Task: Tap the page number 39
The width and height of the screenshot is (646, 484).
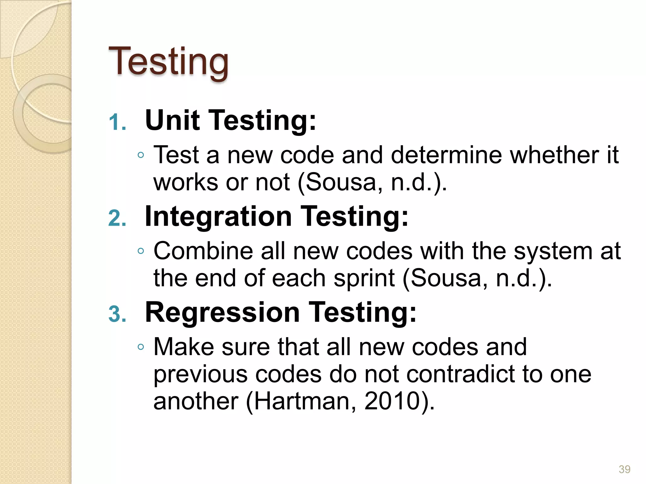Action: pos(624,469)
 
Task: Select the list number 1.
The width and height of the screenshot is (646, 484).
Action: pos(117,122)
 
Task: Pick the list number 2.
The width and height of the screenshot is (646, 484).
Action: pos(117,218)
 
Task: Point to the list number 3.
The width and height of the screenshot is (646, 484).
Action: pos(117,314)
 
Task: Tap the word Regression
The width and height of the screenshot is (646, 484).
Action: pos(222,313)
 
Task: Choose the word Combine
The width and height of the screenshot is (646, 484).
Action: pos(203,251)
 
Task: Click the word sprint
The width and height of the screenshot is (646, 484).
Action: pos(364,279)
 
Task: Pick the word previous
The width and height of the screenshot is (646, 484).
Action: pos(201,375)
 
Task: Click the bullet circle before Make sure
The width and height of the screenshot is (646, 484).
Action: pos(141,347)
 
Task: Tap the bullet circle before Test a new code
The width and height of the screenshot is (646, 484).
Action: pos(141,155)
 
